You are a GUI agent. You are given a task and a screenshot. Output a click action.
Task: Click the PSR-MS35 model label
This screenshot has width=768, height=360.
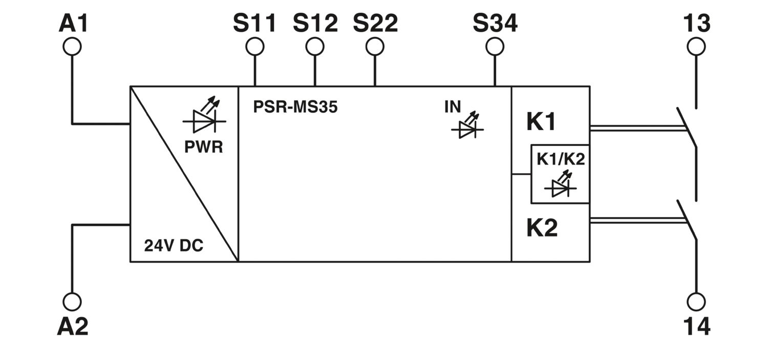pos(295,107)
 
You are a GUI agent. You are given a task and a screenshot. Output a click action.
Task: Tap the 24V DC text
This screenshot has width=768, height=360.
pos(174,245)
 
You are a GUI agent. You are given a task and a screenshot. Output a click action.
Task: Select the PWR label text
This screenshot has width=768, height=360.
pos(204,147)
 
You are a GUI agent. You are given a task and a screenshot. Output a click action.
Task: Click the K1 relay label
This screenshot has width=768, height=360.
pos(541,122)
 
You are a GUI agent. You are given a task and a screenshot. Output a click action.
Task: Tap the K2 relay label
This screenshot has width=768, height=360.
pos(542,228)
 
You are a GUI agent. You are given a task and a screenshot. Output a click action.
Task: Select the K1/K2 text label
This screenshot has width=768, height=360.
pos(561,159)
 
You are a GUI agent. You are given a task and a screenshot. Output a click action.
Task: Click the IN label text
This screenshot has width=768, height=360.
pos(453,107)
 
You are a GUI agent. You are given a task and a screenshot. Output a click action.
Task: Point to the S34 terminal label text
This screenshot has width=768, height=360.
pos(495,24)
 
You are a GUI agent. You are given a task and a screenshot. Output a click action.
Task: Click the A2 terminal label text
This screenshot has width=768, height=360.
pos(73,326)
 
